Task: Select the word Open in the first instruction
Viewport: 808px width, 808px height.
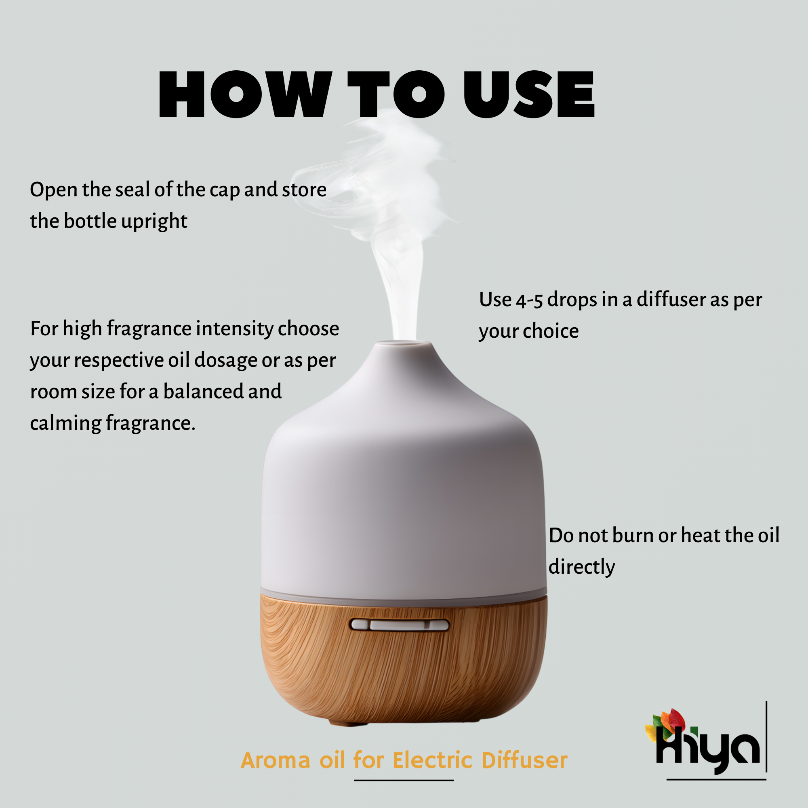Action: tap(54, 190)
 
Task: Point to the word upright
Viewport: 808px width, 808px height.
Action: tap(154, 222)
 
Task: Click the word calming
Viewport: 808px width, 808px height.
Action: tap(66, 423)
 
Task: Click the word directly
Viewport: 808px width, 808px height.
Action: tap(582, 568)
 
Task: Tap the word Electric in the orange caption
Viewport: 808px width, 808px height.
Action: tap(432, 760)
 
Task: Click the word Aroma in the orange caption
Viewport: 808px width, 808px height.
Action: tap(276, 760)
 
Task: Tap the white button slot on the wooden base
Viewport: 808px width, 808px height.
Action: tap(399, 625)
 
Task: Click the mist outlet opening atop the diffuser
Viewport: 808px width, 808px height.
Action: tap(404, 343)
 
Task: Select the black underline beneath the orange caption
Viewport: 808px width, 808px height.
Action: tap(404, 780)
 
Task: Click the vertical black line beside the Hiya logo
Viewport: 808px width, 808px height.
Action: tap(766, 736)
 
